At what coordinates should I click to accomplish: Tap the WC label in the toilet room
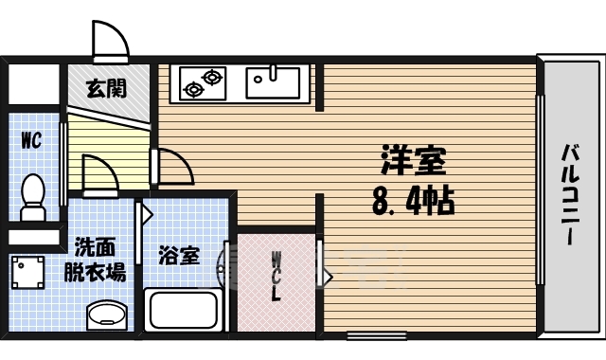click(31, 140)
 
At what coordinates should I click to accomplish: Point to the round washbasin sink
click(107, 314)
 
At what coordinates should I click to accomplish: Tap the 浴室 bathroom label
click(179, 255)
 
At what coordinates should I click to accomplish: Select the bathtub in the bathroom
click(184, 310)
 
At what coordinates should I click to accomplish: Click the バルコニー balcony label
click(571, 194)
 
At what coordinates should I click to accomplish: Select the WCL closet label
click(276, 276)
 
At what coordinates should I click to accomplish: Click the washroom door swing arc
click(98, 175)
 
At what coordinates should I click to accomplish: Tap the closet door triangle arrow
click(327, 278)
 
